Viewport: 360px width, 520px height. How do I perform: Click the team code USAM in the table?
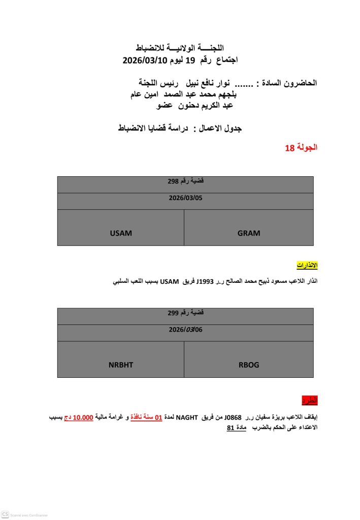coord(120,234)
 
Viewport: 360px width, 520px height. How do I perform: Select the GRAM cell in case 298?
coord(248,234)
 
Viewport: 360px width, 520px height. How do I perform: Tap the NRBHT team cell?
coord(120,365)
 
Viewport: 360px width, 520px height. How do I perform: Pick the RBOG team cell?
coord(248,365)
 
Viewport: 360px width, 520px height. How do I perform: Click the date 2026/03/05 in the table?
coord(185,198)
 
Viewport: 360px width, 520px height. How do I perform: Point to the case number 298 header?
coord(185,181)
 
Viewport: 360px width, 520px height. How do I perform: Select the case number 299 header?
coord(185,313)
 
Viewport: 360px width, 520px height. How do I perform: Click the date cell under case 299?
coord(185,330)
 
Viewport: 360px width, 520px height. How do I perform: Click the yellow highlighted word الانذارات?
coord(307,266)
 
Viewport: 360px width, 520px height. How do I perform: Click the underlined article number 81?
coord(231,428)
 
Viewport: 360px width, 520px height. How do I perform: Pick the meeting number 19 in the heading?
coord(189,60)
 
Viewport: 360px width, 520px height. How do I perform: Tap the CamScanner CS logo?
coord(6,514)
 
